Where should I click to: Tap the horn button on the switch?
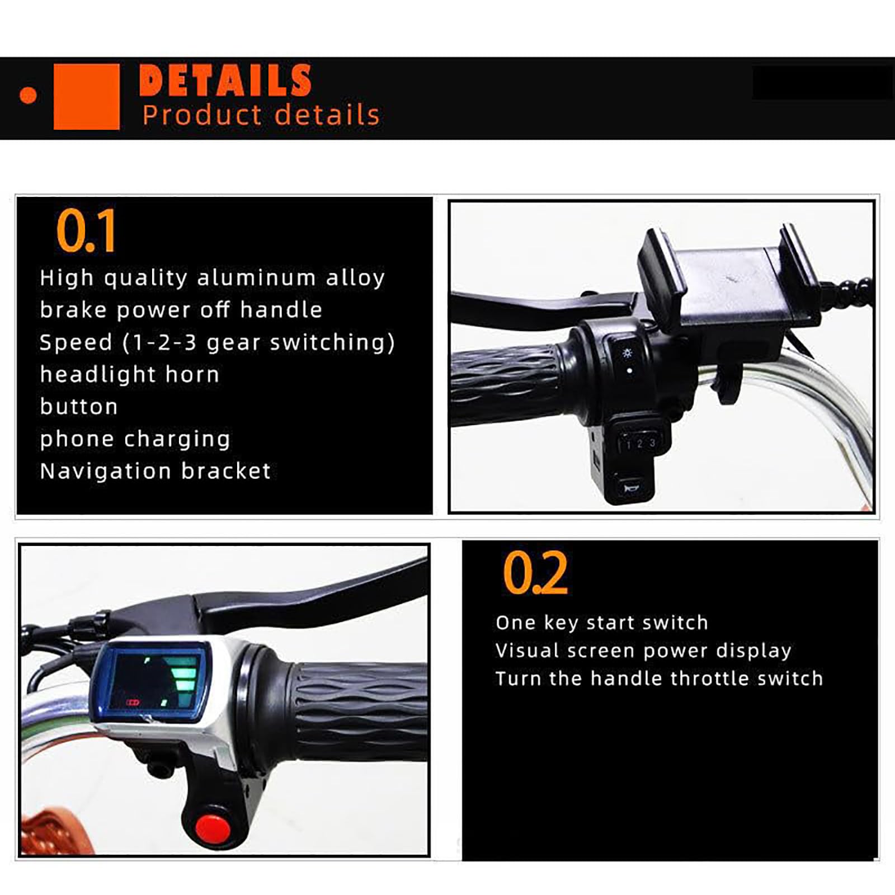[631, 488]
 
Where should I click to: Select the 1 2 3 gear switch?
[640, 443]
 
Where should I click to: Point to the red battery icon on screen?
[132, 703]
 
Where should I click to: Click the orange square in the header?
[87, 97]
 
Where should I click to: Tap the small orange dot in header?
[28, 96]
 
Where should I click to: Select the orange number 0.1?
[86, 230]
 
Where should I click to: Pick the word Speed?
[76, 343]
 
